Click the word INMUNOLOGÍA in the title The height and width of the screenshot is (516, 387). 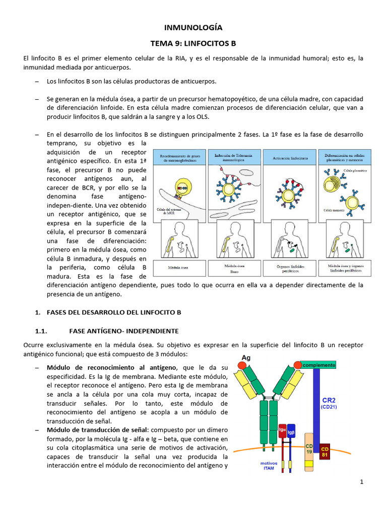click(x=193, y=27)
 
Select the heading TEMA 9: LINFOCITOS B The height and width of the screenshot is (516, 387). click(x=193, y=44)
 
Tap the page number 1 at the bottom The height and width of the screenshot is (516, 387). click(x=362, y=482)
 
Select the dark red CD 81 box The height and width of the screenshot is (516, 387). click(x=325, y=451)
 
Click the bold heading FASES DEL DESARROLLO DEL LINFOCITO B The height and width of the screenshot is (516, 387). click(x=113, y=312)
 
